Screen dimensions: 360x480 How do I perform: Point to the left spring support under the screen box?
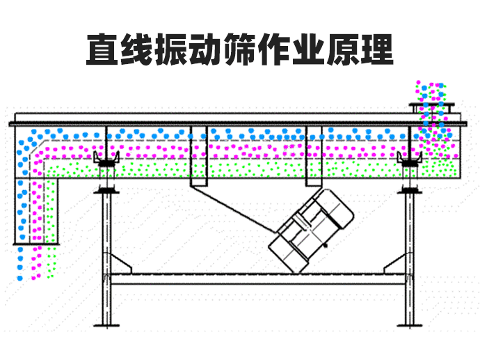(x=106, y=164)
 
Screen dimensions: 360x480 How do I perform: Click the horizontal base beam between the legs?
(x=257, y=279)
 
